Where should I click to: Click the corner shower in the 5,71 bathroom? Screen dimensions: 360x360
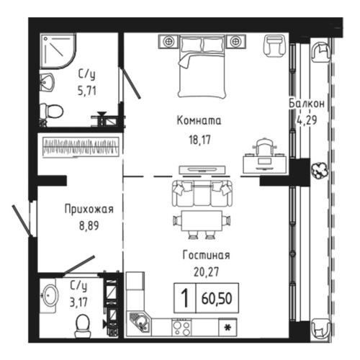click(54, 48)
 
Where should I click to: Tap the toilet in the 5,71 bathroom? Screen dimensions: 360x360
click(51, 110)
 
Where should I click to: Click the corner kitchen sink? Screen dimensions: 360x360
click(138, 323)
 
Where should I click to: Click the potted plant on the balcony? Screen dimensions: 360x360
click(317, 171)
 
